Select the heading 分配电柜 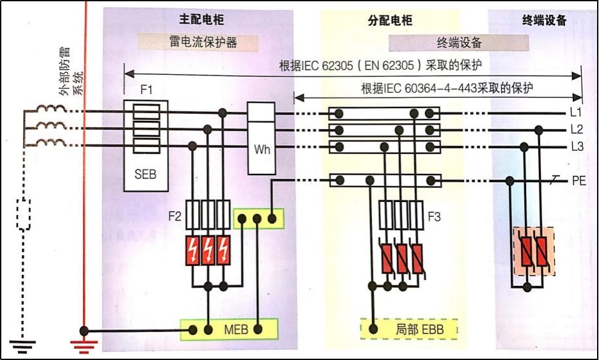pyautogui.click(x=390, y=20)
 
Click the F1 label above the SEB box pyautogui.click(x=146, y=89)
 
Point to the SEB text pyautogui.click(x=146, y=174)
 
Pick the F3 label pyautogui.click(x=435, y=216)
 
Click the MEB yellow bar pyautogui.click(x=230, y=330)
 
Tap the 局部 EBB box pyautogui.click(x=410, y=330)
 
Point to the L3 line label pyautogui.click(x=577, y=146)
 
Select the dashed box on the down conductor pyautogui.click(x=23, y=215)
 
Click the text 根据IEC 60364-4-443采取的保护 pyautogui.click(x=447, y=88)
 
